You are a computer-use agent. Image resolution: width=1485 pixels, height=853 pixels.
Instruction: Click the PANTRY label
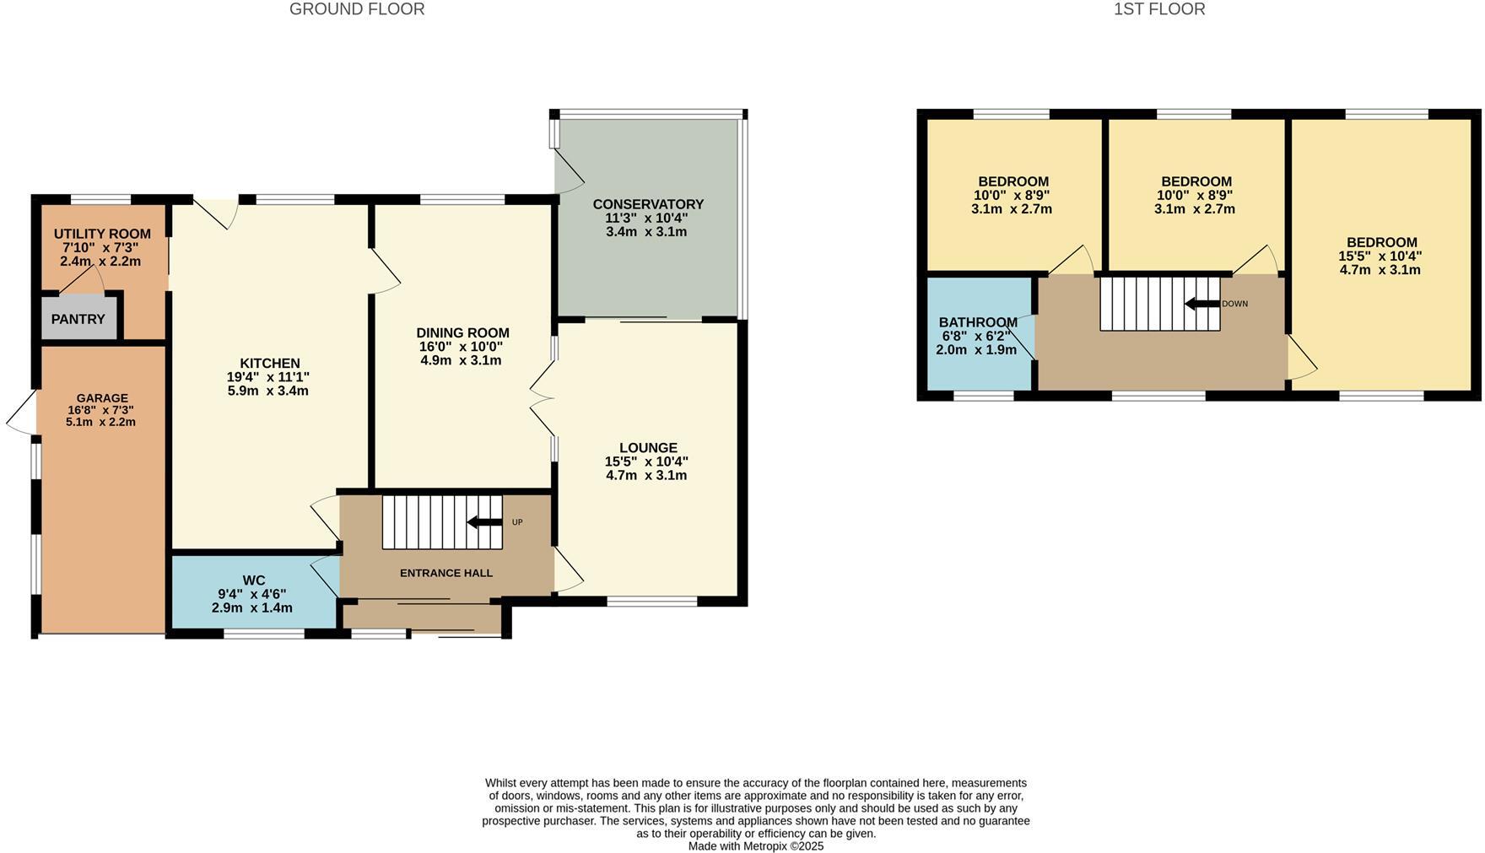pos(78,319)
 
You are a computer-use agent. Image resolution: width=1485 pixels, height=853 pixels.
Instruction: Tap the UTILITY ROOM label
pos(102,234)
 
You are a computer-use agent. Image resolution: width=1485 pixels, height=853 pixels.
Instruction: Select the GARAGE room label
pos(102,398)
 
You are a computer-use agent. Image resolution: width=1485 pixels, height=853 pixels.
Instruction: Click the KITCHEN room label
pos(269,363)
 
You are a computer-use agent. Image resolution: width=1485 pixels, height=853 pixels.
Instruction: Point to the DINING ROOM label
pos(462,332)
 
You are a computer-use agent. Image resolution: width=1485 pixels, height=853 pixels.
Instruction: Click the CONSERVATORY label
pos(648,204)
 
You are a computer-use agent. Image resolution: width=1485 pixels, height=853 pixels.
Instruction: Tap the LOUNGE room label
pos(648,447)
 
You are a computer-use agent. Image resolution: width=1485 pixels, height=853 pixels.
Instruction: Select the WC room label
pos(253,580)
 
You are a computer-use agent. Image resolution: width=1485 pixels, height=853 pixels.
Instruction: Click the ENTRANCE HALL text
pos(445,573)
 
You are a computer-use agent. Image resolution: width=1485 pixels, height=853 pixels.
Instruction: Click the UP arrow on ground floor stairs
pos(484,522)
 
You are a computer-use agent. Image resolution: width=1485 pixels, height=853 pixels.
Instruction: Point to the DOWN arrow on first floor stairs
pos(1201,304)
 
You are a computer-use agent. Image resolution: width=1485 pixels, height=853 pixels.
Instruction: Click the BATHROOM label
pos(978,322)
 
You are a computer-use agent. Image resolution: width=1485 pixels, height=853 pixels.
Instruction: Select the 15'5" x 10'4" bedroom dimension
pos(1380,256)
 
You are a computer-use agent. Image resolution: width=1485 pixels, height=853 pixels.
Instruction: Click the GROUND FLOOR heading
pos(357,9)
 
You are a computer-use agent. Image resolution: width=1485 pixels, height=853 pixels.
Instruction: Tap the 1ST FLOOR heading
pos(1158,9)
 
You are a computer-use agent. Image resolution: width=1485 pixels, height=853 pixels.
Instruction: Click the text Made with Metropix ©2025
pos(755,845)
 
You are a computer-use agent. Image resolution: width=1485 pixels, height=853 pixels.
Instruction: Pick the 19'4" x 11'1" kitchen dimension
pos(268,377)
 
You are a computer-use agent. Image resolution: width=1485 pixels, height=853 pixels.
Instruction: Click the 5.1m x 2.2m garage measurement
pos(100,422)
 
